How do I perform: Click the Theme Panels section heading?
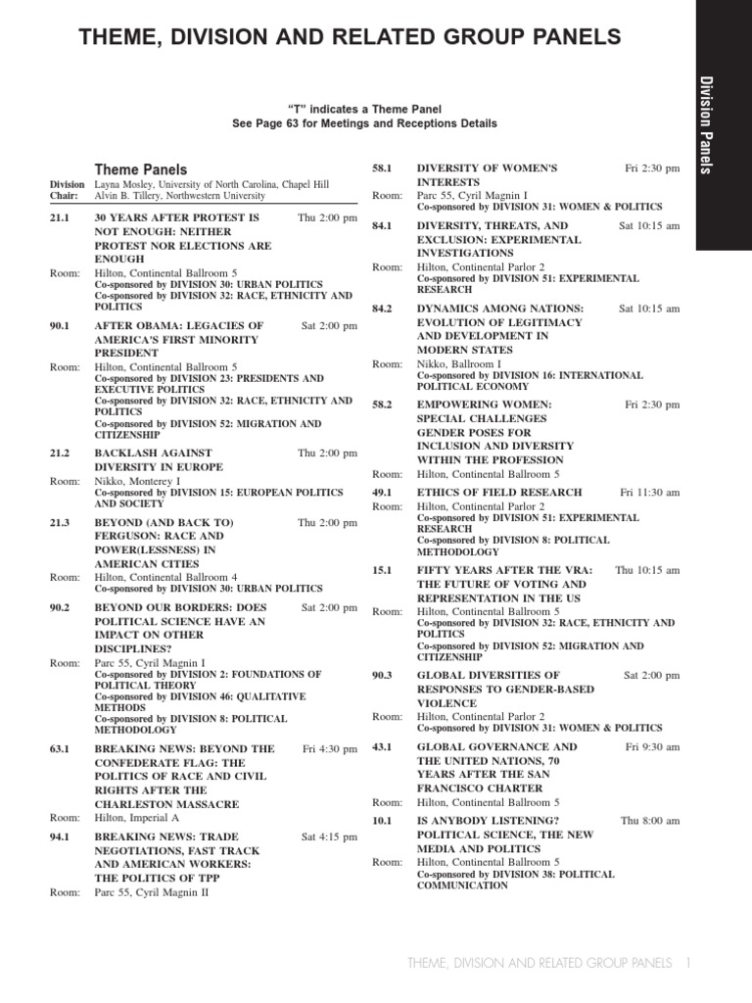(x=140, y=169)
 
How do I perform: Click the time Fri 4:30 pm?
(x=330, y=748)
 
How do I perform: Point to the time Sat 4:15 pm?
(x=329, y=836)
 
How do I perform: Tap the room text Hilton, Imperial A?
(x=137, y=817)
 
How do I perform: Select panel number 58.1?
(x=382, y=168)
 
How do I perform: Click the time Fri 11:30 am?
(x=649, y=492)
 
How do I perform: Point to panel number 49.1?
(x=382, y=492)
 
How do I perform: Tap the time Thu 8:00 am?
(x=649, y=820)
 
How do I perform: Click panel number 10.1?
(x=382, y=820)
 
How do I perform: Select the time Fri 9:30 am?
(x=652, y=746)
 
